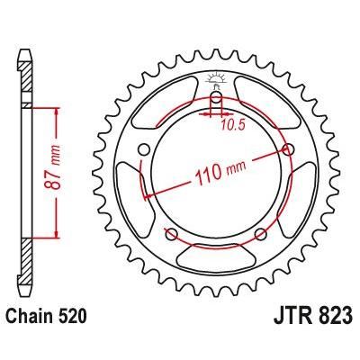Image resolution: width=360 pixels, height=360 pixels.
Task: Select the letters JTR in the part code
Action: [288, 316]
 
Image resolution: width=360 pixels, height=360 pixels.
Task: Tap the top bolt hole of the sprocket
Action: [217, 100]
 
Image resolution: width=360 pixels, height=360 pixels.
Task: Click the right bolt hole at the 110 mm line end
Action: [288, 148]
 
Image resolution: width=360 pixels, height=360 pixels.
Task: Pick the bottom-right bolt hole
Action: [260, 235]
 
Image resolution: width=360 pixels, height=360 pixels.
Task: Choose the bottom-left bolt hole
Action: [171, 235]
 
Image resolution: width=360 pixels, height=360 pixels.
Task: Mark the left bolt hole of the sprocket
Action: [144, 150]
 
